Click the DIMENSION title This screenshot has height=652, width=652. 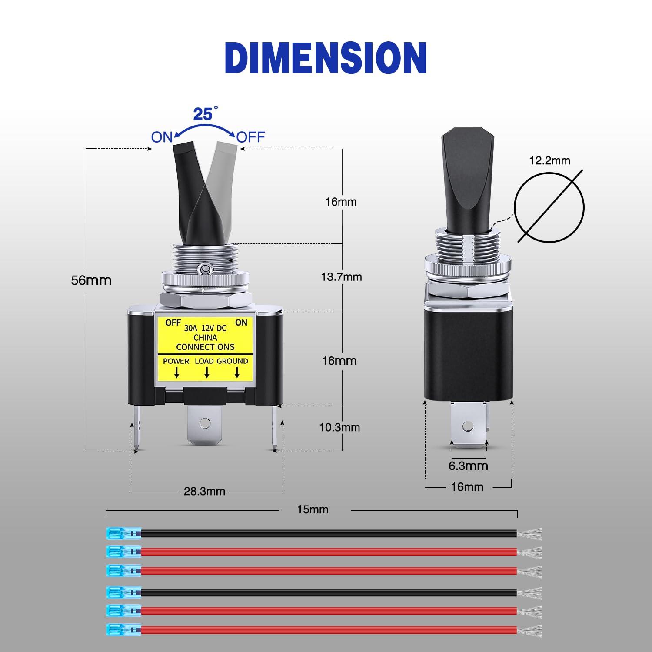tap(326, 58)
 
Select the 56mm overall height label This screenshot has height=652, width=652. tap(91, 280)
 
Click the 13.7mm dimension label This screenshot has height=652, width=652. tap(341, 277)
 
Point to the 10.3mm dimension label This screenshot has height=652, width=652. tap(339, 427)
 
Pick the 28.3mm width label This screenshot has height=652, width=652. tap(204, 491)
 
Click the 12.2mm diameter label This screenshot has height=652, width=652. tap(549, 160)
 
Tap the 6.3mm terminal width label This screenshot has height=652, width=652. tap(468, 466)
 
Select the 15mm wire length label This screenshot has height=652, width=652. tap(313, 509)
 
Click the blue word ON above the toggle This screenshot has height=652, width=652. tap(162, 137)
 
